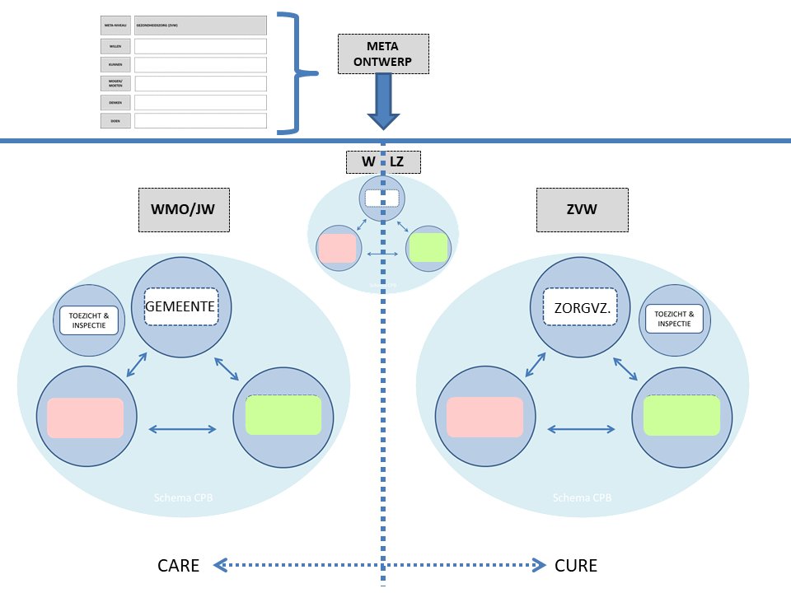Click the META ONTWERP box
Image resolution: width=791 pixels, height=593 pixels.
coord(383,54)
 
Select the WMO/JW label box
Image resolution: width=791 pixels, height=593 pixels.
coord(183,210)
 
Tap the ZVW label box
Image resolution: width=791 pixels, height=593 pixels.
coord(582,210)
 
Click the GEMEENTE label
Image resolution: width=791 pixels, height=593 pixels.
coord(180,307)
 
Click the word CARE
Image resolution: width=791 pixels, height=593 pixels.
coord(179,566)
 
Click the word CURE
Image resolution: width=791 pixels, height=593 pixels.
coord(576,566)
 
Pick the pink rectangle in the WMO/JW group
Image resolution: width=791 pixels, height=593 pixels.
coord(85,418)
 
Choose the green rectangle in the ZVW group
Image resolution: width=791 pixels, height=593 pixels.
coord(681,415)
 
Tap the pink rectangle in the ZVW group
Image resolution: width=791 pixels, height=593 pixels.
coord(484,417)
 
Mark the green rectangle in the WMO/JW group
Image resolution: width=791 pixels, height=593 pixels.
coord(283,415)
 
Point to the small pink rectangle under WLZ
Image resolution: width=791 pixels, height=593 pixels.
coord(336,247)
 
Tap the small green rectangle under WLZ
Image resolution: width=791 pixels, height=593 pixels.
coord(428,247)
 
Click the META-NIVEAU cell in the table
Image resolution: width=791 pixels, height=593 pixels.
coord(115,26)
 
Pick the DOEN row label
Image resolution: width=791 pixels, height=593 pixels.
coord(115,121)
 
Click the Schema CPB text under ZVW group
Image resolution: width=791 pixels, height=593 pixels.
coord(583,498)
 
